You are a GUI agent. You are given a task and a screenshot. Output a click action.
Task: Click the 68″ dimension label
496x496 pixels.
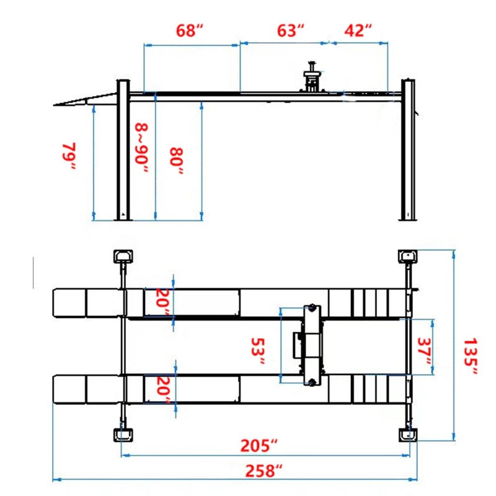[x=190, y=30]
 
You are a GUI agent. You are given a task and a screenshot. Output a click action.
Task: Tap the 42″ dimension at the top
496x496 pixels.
[x=359, y=30]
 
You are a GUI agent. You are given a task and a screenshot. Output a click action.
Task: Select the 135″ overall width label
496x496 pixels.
[x=471, y=356]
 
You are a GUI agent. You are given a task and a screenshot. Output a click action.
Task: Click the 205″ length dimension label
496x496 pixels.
[x=260, y=445]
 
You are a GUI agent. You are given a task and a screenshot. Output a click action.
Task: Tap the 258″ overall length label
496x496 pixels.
[x=260, y=471]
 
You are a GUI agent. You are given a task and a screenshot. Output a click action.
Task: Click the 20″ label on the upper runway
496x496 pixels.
[x=162, y=301]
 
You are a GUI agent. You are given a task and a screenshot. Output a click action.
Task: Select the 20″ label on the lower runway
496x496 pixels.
[x=162, y=389]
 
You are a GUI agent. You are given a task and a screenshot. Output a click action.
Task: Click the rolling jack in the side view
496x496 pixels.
[x=313, y=78]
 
